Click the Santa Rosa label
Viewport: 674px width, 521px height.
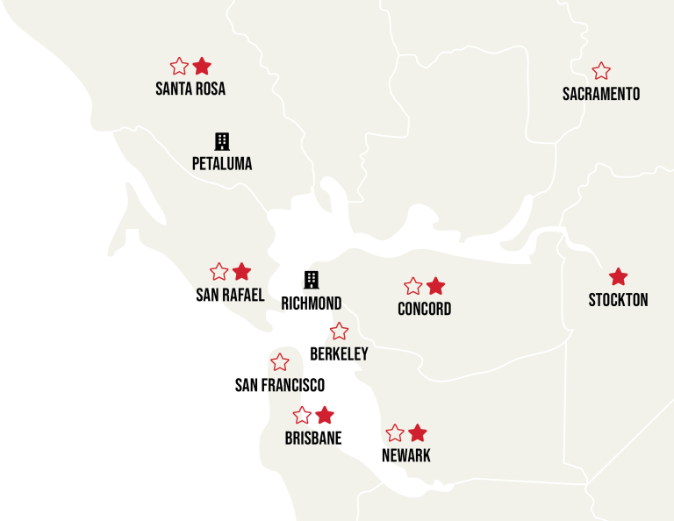(190, 89)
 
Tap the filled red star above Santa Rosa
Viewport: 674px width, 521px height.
(202, 66)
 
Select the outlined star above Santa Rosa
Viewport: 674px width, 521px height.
(179, 66)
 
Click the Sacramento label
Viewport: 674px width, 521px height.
(601, 94)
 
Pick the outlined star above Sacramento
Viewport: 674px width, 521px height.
(601, 71)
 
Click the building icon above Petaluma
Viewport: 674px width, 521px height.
(222, 141)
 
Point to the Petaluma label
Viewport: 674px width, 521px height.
(222, 163)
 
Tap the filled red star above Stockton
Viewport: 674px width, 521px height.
(619, 277)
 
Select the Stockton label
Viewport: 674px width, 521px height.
(618, 300)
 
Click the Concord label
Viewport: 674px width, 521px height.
(425, 309)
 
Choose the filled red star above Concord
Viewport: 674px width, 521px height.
(436, 286)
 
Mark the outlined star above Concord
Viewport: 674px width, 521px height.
(413, 286)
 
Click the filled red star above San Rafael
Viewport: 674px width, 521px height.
(242, 272)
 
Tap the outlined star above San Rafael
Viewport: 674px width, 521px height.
(219, 272)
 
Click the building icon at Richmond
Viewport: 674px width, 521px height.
(311, 280)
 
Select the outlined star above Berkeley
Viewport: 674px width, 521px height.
(339, 332)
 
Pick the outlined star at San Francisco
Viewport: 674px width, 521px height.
(280, 362)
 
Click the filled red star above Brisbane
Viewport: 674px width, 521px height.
(325, 415)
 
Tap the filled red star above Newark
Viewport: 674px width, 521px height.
(418, 433)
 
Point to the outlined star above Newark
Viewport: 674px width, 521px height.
(395, 433)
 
